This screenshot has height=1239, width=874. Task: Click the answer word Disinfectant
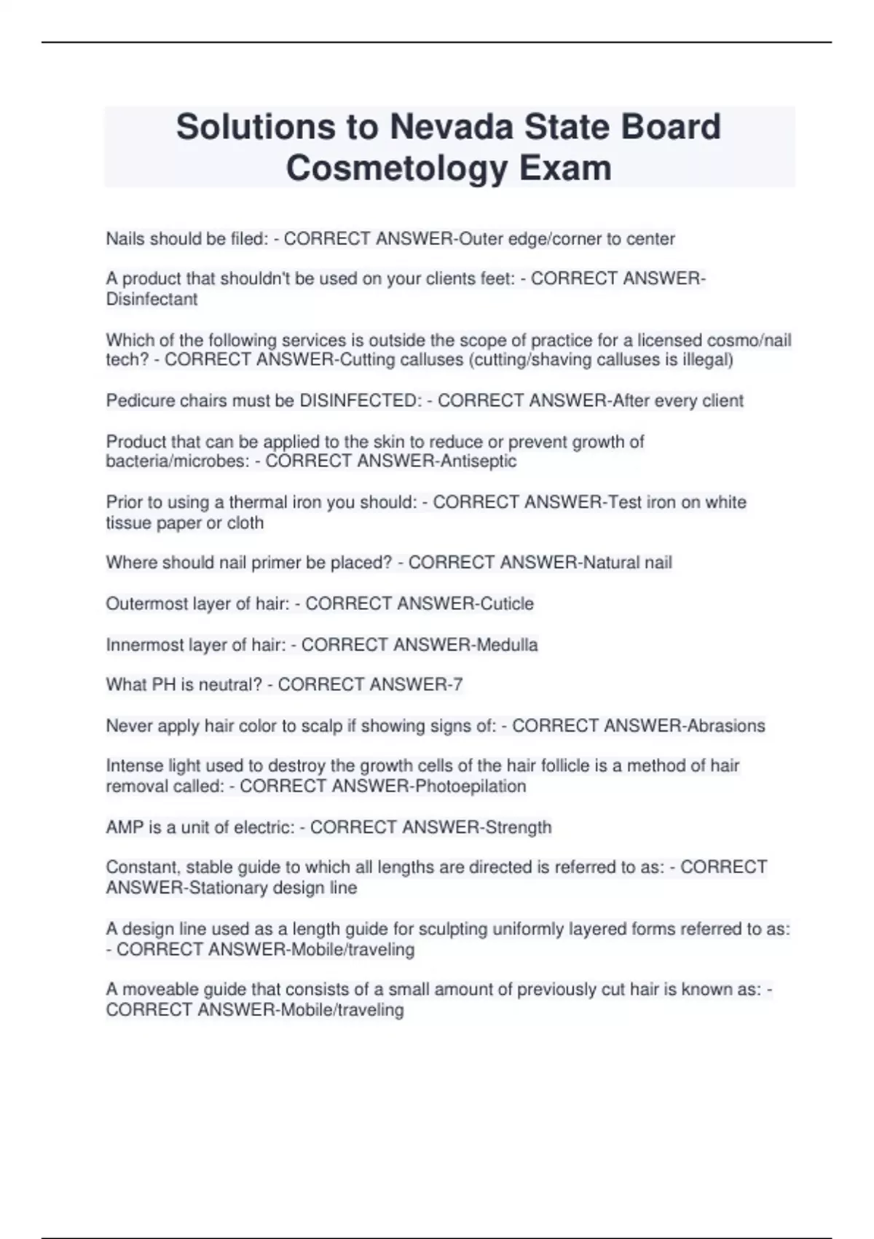point(151,299)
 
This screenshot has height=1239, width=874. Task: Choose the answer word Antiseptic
point(480,461)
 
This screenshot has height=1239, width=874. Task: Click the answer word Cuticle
point(507,603)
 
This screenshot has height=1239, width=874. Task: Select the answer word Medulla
point(507,644)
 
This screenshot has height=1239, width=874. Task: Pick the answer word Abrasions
point(724,725)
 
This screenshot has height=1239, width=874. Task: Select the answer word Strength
point(519,827)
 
